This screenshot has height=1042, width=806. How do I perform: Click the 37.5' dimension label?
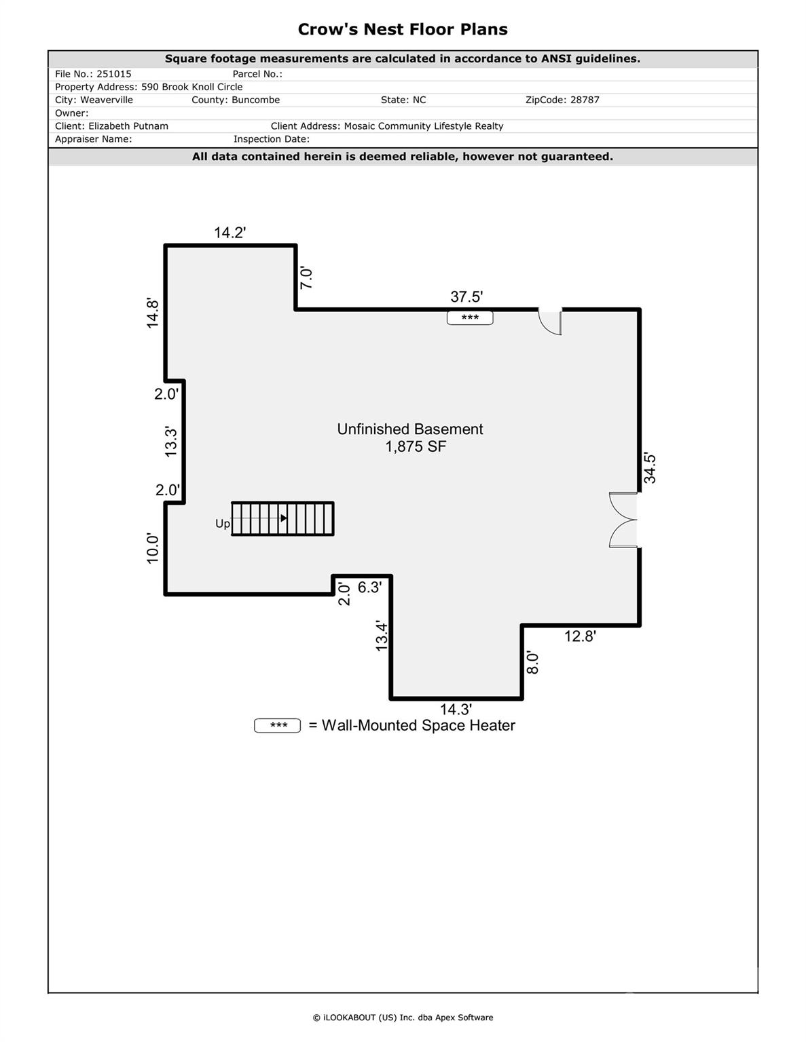point(466,297)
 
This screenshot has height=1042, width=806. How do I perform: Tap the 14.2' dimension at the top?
point(230,233)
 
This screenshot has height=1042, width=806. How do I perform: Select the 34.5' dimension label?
point(650,467)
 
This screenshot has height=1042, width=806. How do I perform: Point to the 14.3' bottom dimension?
point(456,709)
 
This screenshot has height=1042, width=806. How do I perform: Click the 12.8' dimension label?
point(580,636)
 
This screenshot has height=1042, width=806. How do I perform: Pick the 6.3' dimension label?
point(369,587)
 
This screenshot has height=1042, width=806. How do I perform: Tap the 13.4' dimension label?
point(382,636)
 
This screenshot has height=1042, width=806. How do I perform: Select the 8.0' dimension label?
point(532,662)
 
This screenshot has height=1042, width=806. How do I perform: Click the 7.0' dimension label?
point(306,277)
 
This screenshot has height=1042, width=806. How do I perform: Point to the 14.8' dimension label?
point(153,313)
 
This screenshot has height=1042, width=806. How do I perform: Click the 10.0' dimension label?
point(153,548)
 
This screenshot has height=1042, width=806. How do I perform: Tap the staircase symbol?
point(282,518)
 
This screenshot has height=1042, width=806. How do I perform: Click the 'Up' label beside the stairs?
point(223,524)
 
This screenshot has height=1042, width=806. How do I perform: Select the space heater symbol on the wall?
point(470,317)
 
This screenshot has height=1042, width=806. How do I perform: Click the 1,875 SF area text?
point(416,447)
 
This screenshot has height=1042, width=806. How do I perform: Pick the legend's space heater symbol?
point(277,725)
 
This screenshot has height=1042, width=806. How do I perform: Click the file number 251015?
point(113,74)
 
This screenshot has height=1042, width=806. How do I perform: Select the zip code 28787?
point(585,100)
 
